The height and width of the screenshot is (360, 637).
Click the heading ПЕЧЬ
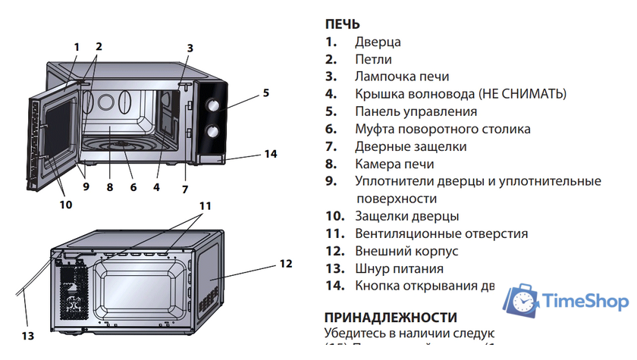(x=342, y=24)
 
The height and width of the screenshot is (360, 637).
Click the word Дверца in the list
(x=378, y=42)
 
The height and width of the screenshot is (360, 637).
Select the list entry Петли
(x=373, y=59)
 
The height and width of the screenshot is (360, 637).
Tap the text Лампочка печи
(x=402, y=77)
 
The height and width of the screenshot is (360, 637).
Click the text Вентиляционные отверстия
(x=441, y=233)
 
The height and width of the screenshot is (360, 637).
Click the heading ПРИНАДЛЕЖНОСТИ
(x=391, y=317)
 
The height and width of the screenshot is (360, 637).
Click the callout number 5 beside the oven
(x=266, y=94)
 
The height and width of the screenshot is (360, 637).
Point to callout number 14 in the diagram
(x=271, y=154)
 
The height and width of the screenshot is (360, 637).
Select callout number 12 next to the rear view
(x=285, y=264)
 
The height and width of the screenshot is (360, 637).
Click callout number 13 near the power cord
(x=28, y=335)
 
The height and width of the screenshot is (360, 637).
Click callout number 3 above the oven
(x=190, y=48)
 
